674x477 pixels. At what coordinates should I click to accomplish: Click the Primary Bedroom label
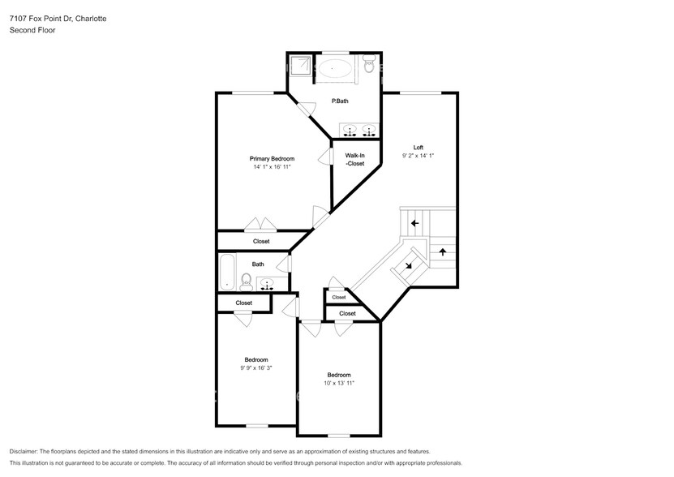pyautogui.click(x=272, y=159)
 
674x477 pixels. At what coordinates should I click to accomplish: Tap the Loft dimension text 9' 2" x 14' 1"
pyautogui.click(x=418, y=156)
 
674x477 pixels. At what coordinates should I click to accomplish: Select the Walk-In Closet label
pyautogui.click(x=355, y=160)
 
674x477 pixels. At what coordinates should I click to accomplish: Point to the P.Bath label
pyautogui.click(x=340, y=101)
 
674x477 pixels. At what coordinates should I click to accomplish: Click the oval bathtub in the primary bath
pyautogui.click(x=335, y=68)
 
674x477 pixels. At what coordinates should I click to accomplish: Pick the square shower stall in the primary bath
pyautogui.click(x=300, y=66)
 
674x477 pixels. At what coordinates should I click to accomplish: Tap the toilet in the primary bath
pyautogui.click(x=369, y=64)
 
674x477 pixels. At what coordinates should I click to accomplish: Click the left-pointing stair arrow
pyautogui.click(x=414, y=223)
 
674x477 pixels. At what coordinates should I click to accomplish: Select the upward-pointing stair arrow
pyautogui.click(x=443, y=252)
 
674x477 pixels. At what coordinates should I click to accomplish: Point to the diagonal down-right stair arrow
pyautogui.click(x=408, y=265)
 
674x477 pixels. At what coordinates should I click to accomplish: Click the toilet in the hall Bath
pyautogui.click(x=247, y=281)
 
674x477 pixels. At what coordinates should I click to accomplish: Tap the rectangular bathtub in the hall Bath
pyautogui.click(x=227, y=272)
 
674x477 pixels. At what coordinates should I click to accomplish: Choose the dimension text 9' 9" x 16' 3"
pyautogui.click(x=256, y=368)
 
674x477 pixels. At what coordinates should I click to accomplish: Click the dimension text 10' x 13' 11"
pyautogui.click(x=339, y=383)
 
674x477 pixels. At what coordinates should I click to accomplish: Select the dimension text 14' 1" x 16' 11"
pyautogui.click(x=272, y=167)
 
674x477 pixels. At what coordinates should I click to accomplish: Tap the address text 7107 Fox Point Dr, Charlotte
pyautogui.click(x=58, y=19)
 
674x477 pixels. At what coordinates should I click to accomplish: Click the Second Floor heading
pyautogui.click(x=32, y=30)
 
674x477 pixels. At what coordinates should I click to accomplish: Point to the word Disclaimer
pyautogui.click(x=24, y=452)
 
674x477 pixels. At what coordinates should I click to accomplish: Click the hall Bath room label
pyautogui.click(x=258, y=264)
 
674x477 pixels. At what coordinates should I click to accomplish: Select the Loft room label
pyautogui.click(x=419, y=148)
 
